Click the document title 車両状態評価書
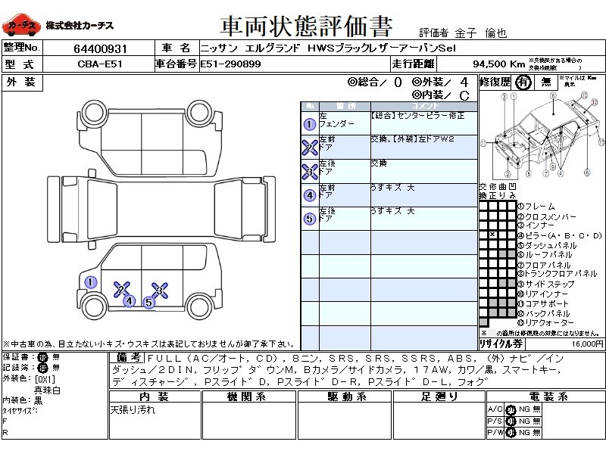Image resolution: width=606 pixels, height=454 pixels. click(306, 26)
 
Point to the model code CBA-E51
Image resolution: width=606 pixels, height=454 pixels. click(98, 64)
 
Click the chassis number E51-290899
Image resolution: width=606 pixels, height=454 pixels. click(231, 64)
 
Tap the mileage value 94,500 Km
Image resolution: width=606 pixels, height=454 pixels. click(498, 64)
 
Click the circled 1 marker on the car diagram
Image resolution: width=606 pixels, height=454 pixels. click(90, 283)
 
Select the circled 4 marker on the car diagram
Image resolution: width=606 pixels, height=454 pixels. click(130, 301)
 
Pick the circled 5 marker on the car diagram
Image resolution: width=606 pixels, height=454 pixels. click(148, 303)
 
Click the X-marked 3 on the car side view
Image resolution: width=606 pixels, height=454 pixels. click(159, 289)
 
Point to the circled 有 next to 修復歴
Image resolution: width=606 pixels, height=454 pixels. click(521, 83)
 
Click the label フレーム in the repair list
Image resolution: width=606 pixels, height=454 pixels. click(539, 207)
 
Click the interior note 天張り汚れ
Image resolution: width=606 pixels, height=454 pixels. click(132, 409)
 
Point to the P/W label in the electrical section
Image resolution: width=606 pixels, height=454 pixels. click(494, 432)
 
